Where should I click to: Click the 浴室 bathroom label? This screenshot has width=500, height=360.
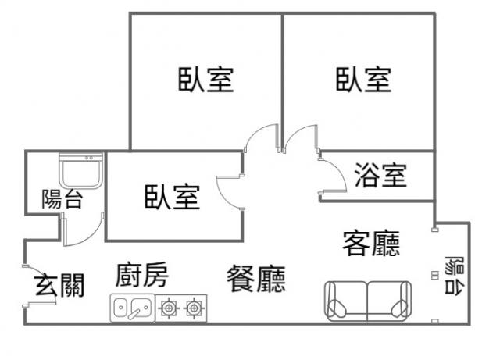[x=380, y=175]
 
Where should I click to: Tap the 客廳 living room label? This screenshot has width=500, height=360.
[x=371, y=244]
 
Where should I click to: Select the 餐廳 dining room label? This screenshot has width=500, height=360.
[x=255, y=278]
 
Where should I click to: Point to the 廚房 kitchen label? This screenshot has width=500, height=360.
[x=141, y=276]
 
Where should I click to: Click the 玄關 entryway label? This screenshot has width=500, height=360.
[x=59, y=286]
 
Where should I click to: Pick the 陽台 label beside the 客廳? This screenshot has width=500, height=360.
[x=452, y=274]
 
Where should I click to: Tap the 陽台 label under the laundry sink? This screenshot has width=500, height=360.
[x=62, y=198]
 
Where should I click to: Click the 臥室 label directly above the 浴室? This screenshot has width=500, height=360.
[x=363, y=80]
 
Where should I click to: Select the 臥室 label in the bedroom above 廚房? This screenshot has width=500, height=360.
[x=171, y=196]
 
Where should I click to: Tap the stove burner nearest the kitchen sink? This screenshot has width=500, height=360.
[x=166, y=308]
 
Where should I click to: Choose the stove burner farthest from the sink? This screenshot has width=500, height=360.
[x=193, y=308]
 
